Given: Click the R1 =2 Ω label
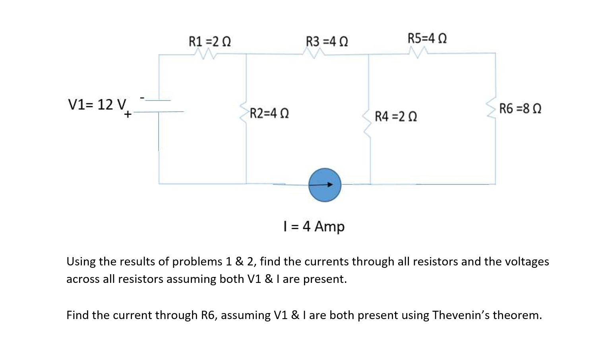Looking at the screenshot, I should pos(210,41).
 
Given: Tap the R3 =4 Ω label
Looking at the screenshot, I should pos(327,41).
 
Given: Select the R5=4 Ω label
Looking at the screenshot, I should pos(427,38).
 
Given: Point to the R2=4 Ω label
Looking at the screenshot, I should pos(269,113).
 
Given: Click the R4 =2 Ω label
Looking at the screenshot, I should pos(396,116).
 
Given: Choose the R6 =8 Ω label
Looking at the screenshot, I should pos(520,108).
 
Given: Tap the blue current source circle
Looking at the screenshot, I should pos(325,185).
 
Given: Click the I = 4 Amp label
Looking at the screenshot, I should pos(314,226).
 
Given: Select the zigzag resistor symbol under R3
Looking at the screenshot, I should pos(315,53).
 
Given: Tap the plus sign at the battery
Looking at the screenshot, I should pos(128,114).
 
